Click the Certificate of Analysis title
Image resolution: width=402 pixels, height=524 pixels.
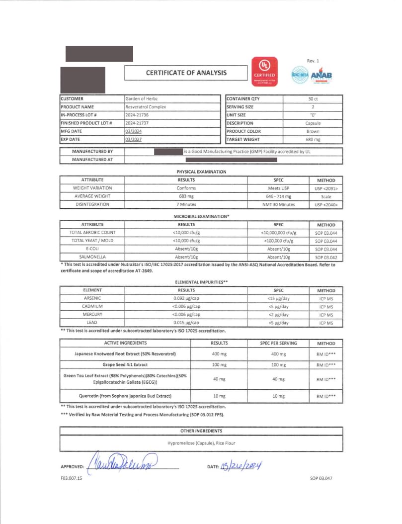[186, 73]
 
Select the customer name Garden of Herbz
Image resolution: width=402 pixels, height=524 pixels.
[144, 99]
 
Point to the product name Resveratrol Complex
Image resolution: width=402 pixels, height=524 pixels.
[146, 107]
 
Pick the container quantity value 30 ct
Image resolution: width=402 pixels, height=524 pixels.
[313, 99]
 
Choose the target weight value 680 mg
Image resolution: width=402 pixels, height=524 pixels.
[313, 140]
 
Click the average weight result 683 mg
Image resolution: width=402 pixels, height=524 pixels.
[186, 196]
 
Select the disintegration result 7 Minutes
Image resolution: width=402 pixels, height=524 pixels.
[186, 204]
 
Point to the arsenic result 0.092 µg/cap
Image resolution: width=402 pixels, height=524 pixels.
[186, 298]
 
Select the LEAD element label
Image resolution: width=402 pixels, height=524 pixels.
[92, 323]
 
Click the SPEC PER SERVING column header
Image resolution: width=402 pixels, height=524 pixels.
[279, 343]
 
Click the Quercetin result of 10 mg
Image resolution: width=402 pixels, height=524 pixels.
[219, 396]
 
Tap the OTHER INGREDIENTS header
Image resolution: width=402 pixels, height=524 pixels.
[201, 431]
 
